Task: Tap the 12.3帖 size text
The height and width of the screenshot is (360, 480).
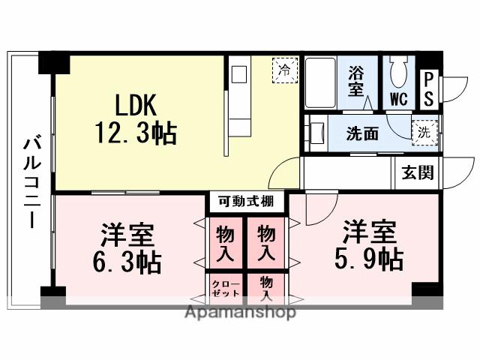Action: [x=136, y=133]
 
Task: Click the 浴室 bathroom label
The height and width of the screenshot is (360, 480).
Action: [x=356, y=80]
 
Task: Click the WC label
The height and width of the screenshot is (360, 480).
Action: [x=397, y=97]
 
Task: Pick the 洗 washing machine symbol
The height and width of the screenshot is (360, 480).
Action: [x=424, y=131]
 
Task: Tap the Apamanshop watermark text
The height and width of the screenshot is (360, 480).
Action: [x=240, y=311]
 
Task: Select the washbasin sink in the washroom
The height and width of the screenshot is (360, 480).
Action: [x=316, y=132]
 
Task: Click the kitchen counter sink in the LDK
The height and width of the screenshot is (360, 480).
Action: [x=239, y=76]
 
